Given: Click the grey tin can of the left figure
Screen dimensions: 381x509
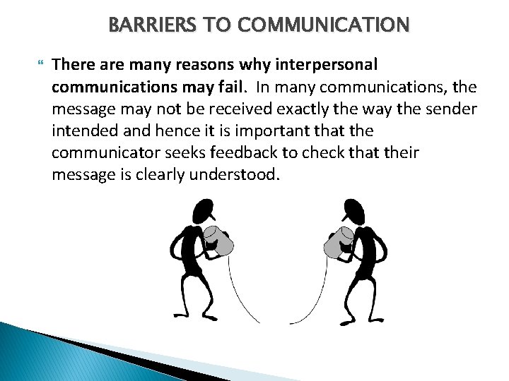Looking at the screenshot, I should click(x=221, y=240).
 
